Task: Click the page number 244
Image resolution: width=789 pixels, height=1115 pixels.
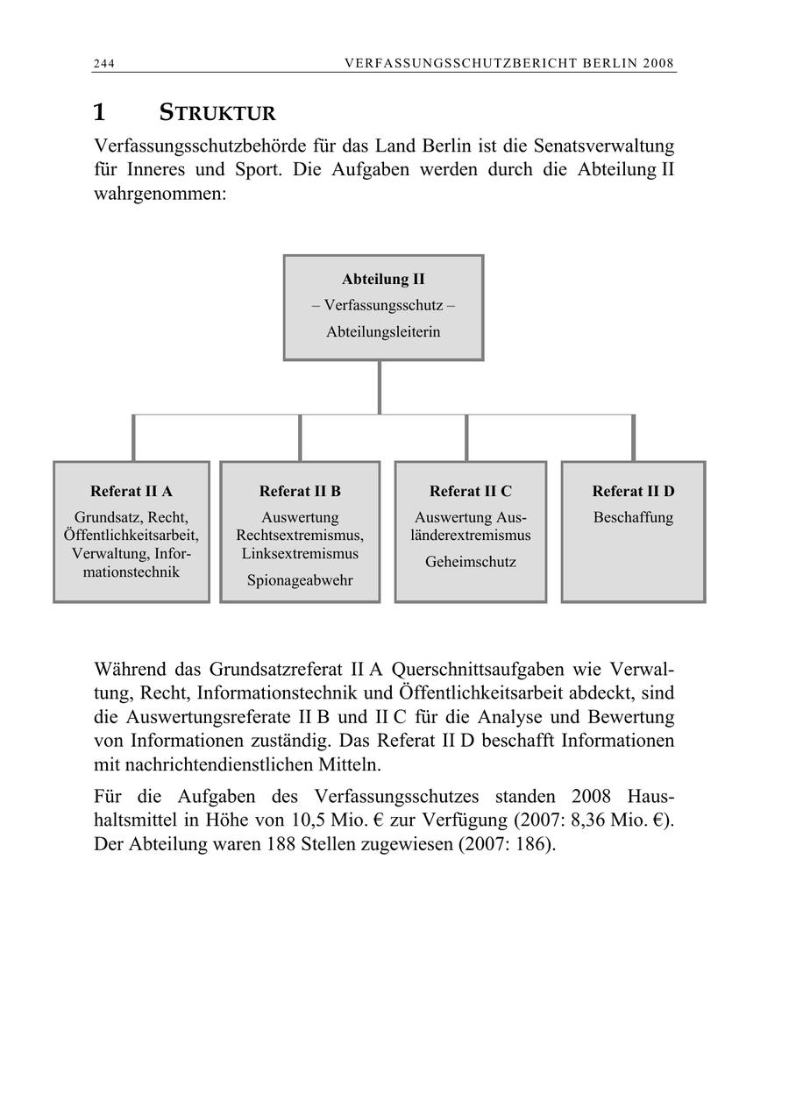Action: coord(104,63)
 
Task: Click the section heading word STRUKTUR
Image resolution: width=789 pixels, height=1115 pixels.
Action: coord(217,113)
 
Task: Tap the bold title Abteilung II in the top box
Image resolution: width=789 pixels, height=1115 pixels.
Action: coord(383,280)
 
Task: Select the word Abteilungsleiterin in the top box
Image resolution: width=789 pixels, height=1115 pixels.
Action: coord(383,332)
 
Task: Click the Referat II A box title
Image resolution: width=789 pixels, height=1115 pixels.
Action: coord(131,491)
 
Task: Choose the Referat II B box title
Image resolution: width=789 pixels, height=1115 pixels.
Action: coord(300,491)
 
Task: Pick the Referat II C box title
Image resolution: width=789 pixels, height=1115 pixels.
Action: coord(471,491)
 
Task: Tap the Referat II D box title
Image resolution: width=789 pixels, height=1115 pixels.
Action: coord(633,491)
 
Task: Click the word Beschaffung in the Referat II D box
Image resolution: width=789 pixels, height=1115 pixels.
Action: coord(633,517)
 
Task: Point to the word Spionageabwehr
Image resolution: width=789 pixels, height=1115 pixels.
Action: coord(300,580)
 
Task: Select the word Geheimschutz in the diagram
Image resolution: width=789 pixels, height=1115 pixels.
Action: coord(471,562)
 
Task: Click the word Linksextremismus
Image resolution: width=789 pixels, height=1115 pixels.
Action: coord(300,554)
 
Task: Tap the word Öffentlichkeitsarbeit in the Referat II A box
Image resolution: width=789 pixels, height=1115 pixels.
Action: coord(131,535)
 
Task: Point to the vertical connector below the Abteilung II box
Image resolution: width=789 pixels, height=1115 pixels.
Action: coord(380,387)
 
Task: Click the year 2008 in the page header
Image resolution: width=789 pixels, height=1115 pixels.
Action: coord(657,63)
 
